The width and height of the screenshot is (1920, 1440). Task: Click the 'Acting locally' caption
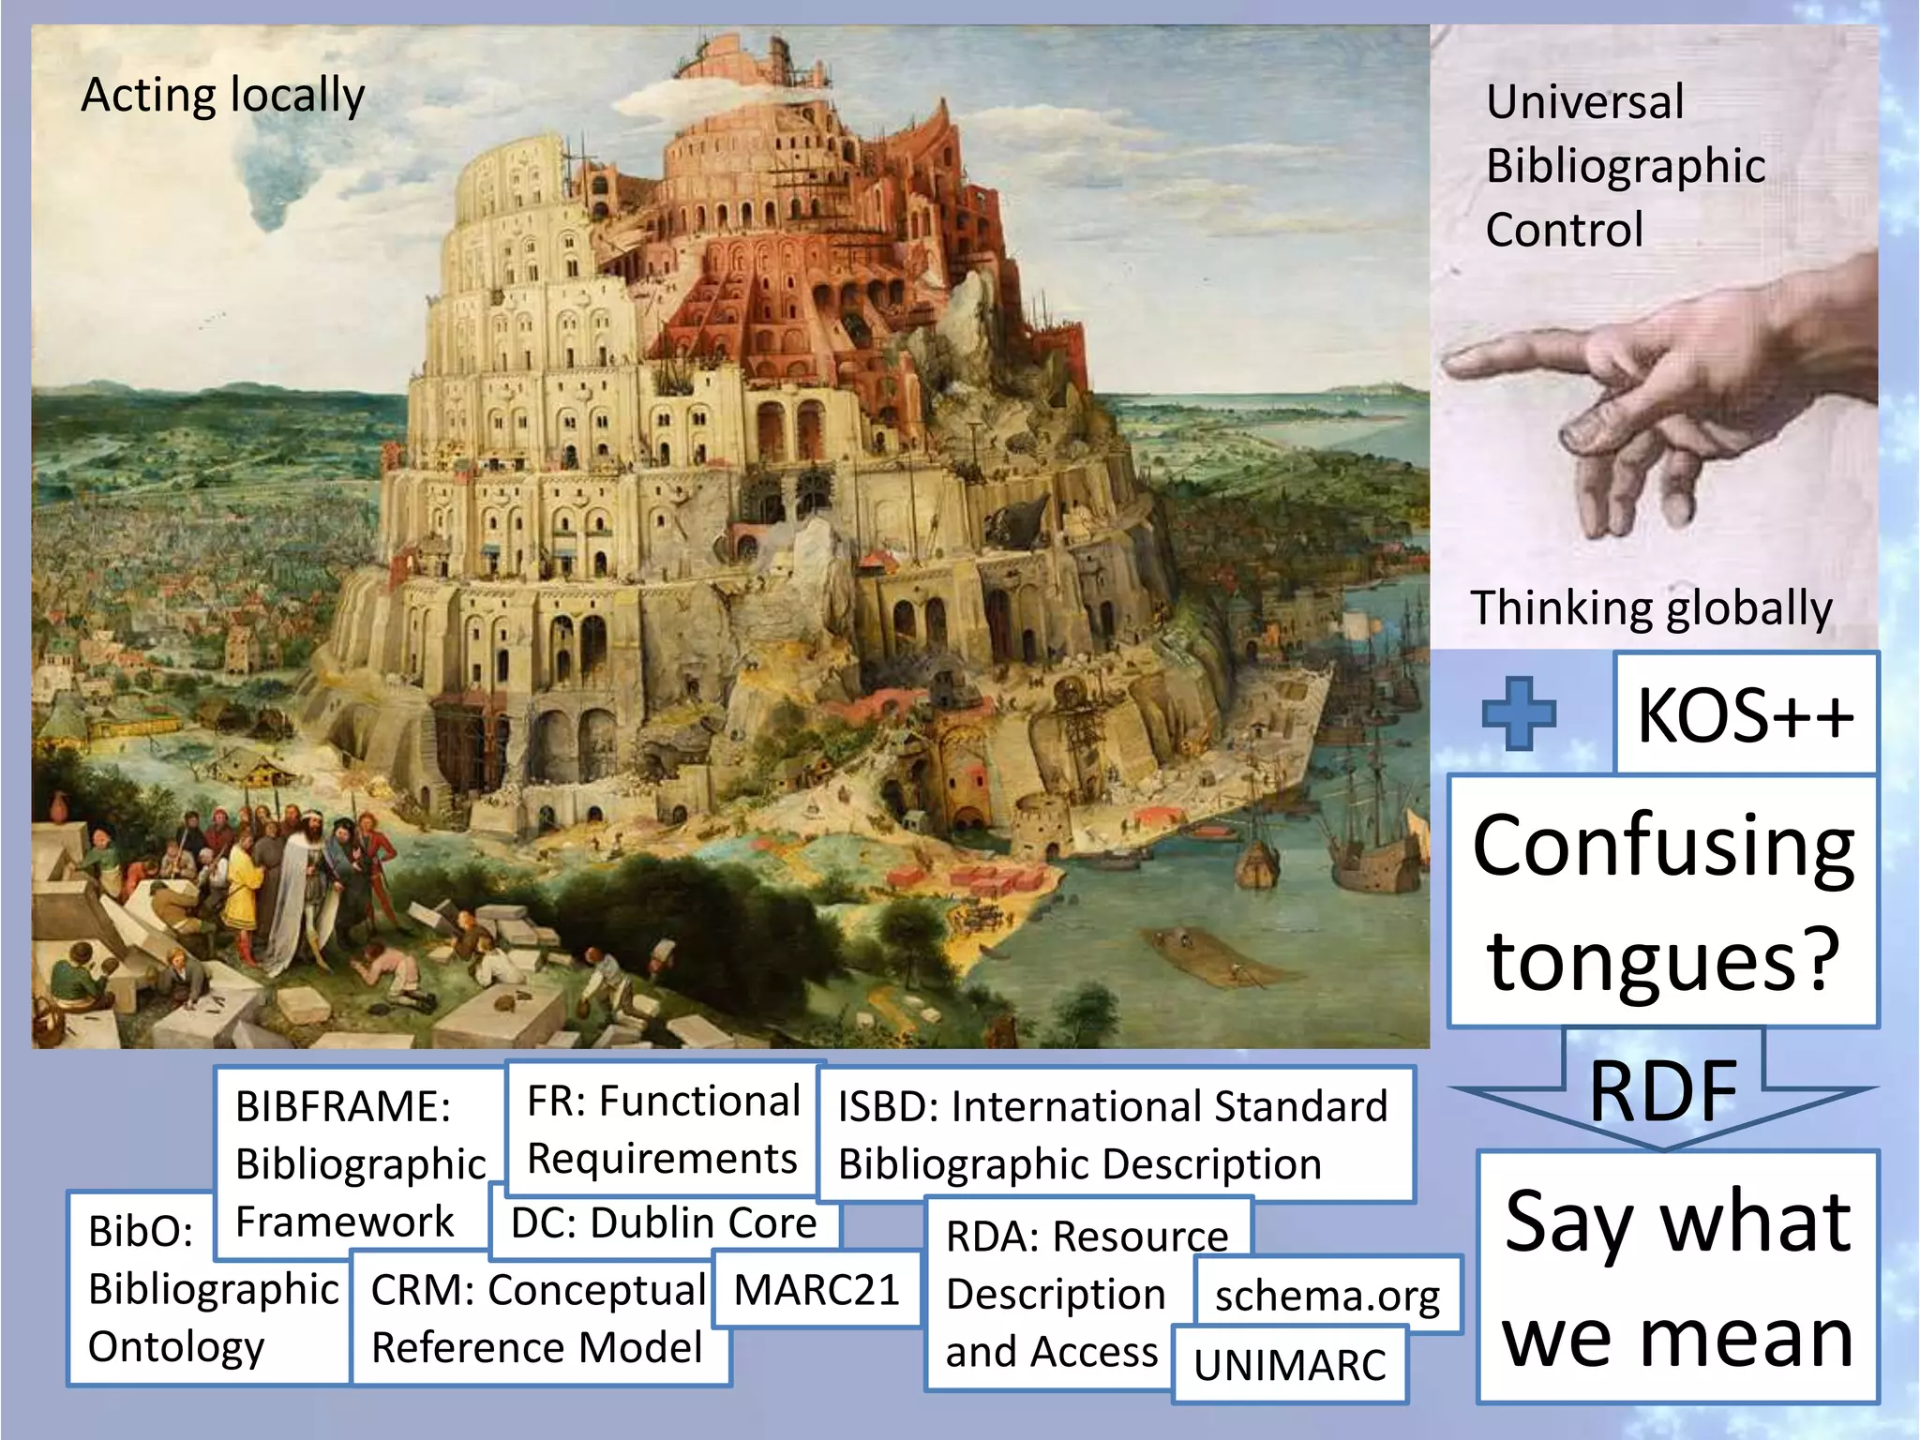tap(223, 96)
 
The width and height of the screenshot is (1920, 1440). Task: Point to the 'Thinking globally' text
tap(1651, 607)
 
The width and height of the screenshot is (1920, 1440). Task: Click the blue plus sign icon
tap(1519, 713)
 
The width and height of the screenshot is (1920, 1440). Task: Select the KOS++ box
tap(1745, 714)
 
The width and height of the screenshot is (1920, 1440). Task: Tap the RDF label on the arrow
tap(1663, 1090)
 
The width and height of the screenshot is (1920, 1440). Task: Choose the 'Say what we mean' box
tap(1678, 1277)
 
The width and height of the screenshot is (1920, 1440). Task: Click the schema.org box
tap(1327, 1296)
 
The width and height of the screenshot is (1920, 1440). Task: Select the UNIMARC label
tap(1289, 1365)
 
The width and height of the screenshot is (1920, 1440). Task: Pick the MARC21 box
tap(816, 1290)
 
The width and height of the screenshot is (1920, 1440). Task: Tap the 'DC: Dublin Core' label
tap(664, 1223)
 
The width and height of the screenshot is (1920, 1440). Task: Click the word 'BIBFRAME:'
tap(343, 1106)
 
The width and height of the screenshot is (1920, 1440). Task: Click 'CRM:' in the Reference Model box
tap(423, 1290)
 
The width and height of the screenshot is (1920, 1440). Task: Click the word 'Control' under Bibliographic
tap(1565, 230)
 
